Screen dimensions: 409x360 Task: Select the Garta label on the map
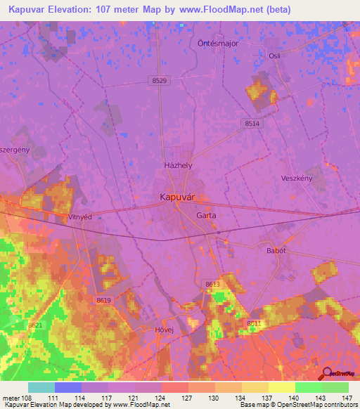[206, 215]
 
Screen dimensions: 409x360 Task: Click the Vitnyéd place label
[80, 217]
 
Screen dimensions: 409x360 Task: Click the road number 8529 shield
[159, 82]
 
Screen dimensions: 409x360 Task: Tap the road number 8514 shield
[252, 123]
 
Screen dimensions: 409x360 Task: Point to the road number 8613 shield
[212, 284]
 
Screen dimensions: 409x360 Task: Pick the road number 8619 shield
[103, 300]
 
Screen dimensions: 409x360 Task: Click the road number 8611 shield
[254, 323]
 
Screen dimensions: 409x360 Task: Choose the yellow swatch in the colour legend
[281, 387]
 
